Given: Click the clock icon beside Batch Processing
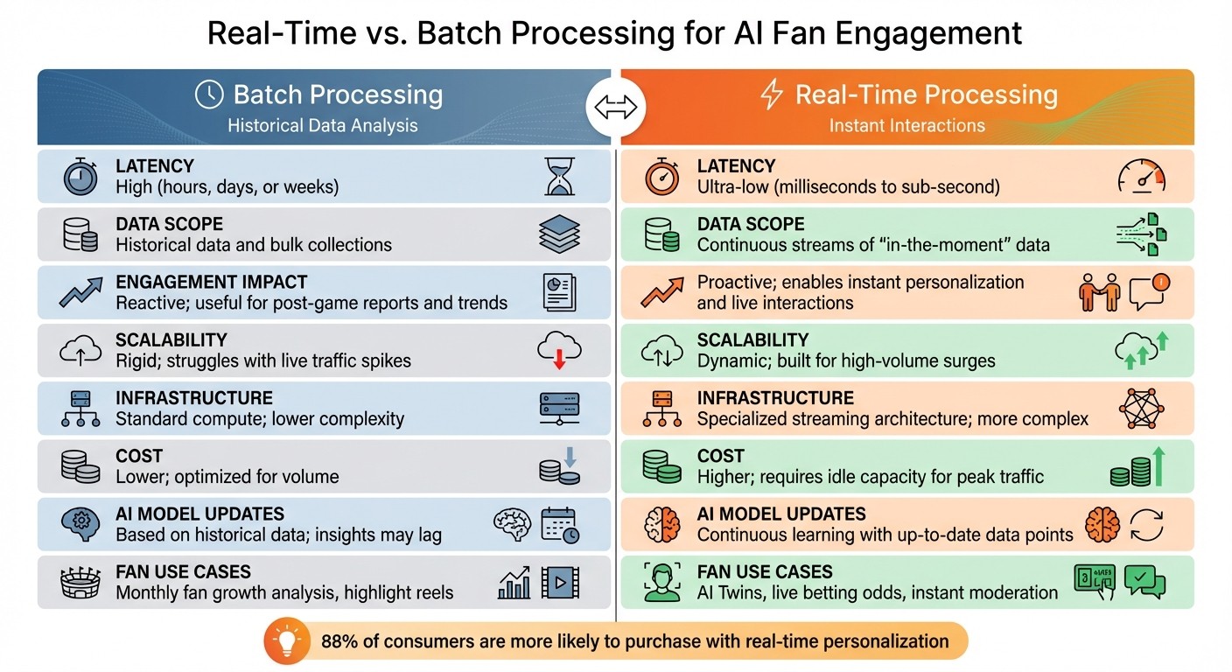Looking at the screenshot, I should pos(208,94).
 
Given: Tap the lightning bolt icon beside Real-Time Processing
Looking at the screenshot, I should pos(772,94).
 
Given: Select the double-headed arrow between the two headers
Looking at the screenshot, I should pos(616,108).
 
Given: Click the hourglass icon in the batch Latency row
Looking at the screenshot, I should pos(559,176).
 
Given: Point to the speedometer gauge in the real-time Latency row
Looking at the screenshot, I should pos(1142,177).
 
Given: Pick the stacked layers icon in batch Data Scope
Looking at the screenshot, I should pos(559,234).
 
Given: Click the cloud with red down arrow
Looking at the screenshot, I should pos(559,350).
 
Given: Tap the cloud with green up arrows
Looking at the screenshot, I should pos(1142,350).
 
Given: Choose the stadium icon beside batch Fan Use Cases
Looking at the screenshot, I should pos(80,583).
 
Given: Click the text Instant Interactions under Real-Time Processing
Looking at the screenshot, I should pos(906,125).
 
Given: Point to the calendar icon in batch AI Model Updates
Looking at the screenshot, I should pos(559,525).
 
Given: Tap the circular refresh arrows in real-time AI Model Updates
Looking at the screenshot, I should pos(1146,525).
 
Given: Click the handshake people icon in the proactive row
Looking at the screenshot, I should pos(1098,292).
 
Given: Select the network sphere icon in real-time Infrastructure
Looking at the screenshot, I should pos(1142,409).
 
